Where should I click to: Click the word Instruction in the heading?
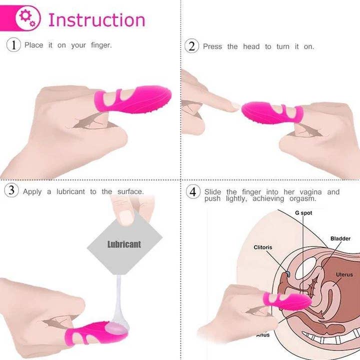(x=96, y=20)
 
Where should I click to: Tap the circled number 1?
(x=13, y=45)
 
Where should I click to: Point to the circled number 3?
(x=13, y=191)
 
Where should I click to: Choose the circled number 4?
(x=193, y=192)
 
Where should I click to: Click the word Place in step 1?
(x=33, y=45)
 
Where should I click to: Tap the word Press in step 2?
(x=212, y=46)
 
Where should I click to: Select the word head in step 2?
(x=251, y=46)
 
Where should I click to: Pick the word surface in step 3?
(x=130, y=191)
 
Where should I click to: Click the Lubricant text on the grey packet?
(x=124, y=244)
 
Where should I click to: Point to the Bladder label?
(x=340, y=238)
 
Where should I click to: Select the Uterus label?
(x=344, y=274)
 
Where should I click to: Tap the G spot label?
(x=303, y=212)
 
